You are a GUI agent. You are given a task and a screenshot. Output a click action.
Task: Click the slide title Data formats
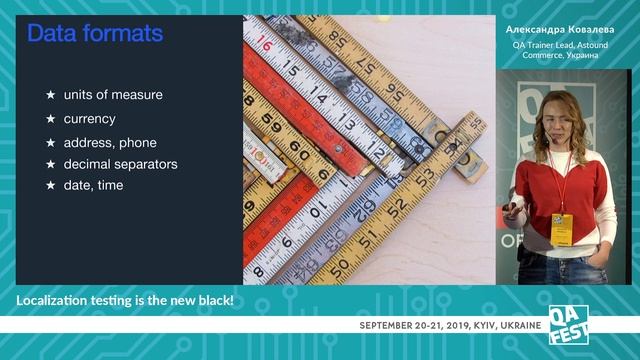94,35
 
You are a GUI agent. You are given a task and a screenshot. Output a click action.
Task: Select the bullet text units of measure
112,95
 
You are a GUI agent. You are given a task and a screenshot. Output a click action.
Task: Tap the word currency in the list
89,118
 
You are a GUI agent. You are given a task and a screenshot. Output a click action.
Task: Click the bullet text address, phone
109,142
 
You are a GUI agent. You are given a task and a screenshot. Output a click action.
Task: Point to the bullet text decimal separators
120,163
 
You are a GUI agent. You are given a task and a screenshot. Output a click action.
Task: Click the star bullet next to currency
50,118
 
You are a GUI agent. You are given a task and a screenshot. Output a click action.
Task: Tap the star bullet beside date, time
50,185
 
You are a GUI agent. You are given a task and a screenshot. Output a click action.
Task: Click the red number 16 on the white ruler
265,44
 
